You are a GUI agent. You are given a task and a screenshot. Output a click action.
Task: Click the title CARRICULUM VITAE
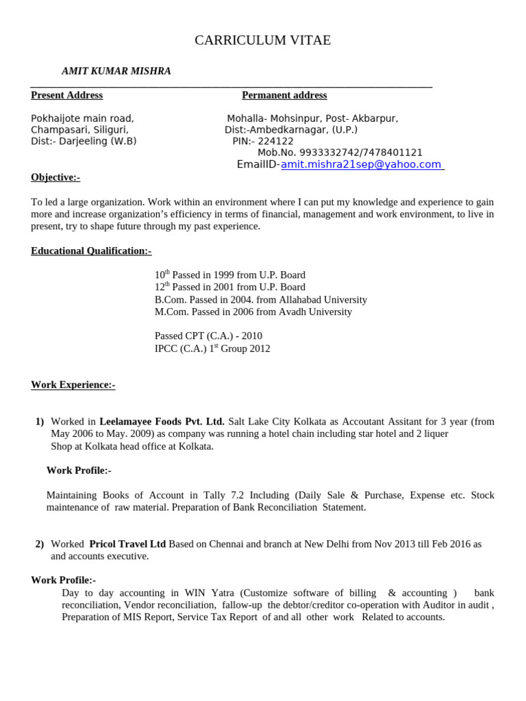click(x=262, y=40)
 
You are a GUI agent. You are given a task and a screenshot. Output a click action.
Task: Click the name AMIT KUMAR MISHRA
click(x=116, y=71)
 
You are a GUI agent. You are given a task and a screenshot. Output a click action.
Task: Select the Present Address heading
click(x=66, y=95)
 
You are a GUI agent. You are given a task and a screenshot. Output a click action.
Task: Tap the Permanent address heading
click(x=284, y=95)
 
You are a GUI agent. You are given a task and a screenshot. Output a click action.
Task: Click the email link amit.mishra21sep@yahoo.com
click(x=362, y=164)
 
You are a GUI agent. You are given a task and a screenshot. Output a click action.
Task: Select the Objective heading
click(x=55, y=177)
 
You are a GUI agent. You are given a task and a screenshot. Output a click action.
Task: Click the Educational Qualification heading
click(x=91, y=251)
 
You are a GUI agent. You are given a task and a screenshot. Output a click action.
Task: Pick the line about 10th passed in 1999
click(x=229, y=275)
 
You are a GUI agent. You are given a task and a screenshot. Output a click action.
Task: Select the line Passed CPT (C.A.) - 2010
click(x=208, y=336)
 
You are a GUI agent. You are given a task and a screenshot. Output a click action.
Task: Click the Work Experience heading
click(x=73, y=385)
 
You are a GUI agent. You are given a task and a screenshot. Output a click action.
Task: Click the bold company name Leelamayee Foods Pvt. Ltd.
click(x=162, y=422)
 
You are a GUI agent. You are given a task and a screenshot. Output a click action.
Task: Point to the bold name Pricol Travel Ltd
click(x=127, y=544)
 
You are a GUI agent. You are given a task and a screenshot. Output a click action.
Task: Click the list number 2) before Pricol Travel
click(x=40, y=544)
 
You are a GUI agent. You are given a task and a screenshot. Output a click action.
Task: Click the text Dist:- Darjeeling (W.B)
click(x=84, y=141)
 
